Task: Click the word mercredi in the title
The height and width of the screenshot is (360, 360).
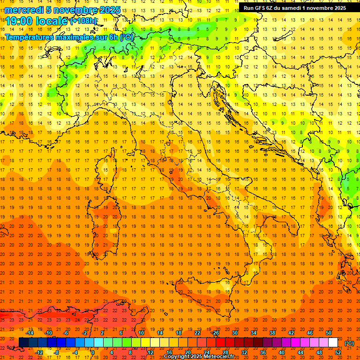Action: click(x=24, y=10)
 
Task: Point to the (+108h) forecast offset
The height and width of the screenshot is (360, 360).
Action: click(x=83, y=21)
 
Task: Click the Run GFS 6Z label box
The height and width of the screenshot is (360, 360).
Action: click(x=294, y=8)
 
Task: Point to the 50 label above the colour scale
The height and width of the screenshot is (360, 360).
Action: click(x=329, y=333)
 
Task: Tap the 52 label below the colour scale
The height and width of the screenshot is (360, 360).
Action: click(x=338, y=352)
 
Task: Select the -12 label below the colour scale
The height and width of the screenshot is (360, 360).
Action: click(x=39, y=352)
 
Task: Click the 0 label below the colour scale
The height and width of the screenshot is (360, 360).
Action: click(x=93, y=352)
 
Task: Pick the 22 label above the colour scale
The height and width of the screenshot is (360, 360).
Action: click(x=197, y=333)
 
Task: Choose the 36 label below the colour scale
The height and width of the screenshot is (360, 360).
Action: click(x=263, y=352)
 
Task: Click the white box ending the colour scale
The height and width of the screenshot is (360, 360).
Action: click(x=333, y=343)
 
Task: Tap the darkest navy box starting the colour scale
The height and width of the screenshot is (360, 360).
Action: click(x=24, y=343)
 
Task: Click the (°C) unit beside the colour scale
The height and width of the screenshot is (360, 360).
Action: click(x=349, y=343)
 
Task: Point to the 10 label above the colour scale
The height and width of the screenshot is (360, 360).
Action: click(x=141, y=333)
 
